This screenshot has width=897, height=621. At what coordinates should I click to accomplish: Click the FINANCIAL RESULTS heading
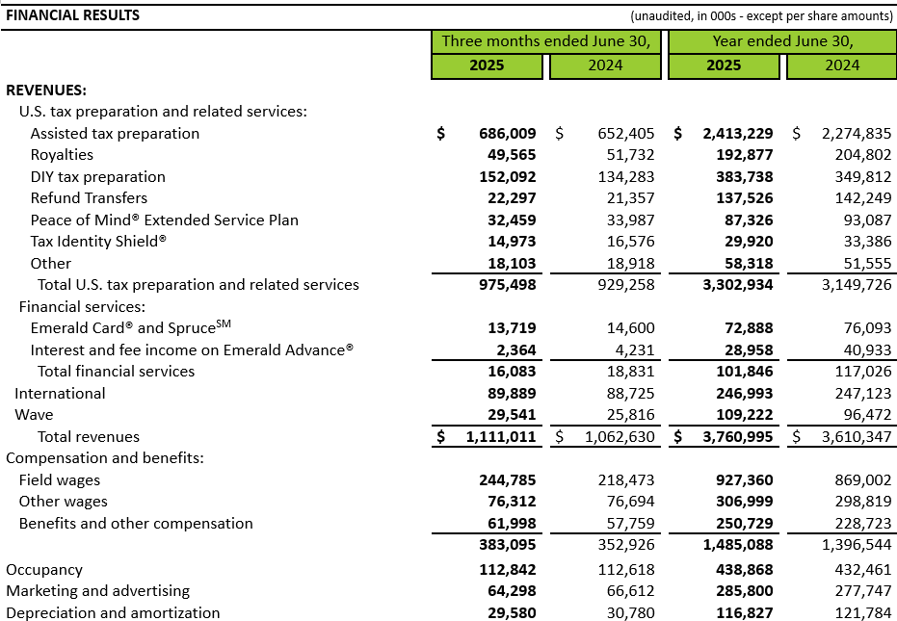tap(73, 15)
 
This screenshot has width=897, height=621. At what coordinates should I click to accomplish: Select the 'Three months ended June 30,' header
tap(546, 41)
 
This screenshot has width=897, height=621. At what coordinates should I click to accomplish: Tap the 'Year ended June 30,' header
tap(783, 41)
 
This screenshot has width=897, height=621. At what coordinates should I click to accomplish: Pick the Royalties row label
tap(62, 155)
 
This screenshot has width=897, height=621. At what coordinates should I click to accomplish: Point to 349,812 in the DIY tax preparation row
tap(857, 177)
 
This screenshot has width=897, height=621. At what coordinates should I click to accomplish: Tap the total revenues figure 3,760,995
tap(732, 437)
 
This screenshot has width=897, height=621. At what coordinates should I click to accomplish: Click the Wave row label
tap(34, 415)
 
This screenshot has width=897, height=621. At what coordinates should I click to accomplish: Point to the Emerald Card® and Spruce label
tap(130, 327)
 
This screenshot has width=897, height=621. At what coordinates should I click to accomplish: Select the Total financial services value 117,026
tap(857, 372)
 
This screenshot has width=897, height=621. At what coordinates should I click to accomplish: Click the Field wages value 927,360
tap(741, 480)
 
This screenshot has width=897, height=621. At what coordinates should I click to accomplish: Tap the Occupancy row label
tap(44, 570)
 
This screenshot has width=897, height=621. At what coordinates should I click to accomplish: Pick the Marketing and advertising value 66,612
tap(622, 591)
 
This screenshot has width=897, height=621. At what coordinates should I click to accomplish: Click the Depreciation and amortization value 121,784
tap(857, 613)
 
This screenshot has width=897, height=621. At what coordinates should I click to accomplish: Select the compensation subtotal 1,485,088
tap(732, 545)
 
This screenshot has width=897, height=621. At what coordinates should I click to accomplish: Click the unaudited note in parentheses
tap(760, 16)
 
